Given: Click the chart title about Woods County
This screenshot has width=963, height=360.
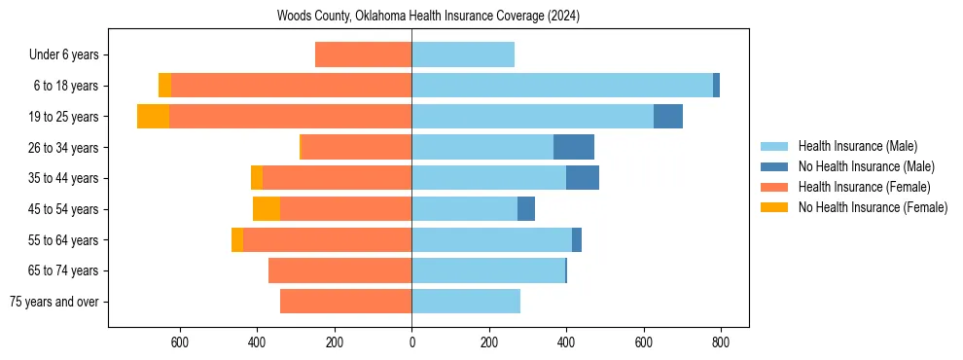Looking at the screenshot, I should [428, 16].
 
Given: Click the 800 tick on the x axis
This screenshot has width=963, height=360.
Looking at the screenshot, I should [721, 342].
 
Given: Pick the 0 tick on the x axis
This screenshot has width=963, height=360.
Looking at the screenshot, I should [411, 342].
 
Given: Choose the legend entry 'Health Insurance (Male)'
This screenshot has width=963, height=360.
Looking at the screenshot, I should [857, 146].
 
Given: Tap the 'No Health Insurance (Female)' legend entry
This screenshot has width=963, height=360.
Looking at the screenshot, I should [873, 207].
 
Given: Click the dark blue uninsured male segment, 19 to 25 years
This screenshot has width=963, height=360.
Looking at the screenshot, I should [668, 117].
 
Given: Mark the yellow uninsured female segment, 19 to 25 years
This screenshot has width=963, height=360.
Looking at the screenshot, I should [153, 117].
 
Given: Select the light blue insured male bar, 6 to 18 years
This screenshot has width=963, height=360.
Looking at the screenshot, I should [562, 86].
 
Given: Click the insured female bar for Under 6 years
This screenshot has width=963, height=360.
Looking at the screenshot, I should [363, 55].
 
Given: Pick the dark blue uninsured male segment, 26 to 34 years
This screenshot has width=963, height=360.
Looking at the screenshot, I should [574, 147].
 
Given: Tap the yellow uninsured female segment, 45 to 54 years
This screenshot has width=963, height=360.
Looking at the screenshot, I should [267, 209].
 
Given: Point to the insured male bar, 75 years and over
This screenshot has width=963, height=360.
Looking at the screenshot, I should [466, 302].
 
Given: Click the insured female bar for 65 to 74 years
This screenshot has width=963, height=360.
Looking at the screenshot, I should [339, 270].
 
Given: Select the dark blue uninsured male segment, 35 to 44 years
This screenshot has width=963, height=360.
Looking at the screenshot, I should [583, 178].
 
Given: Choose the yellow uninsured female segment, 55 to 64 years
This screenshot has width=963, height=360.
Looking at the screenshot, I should [237, 239].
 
